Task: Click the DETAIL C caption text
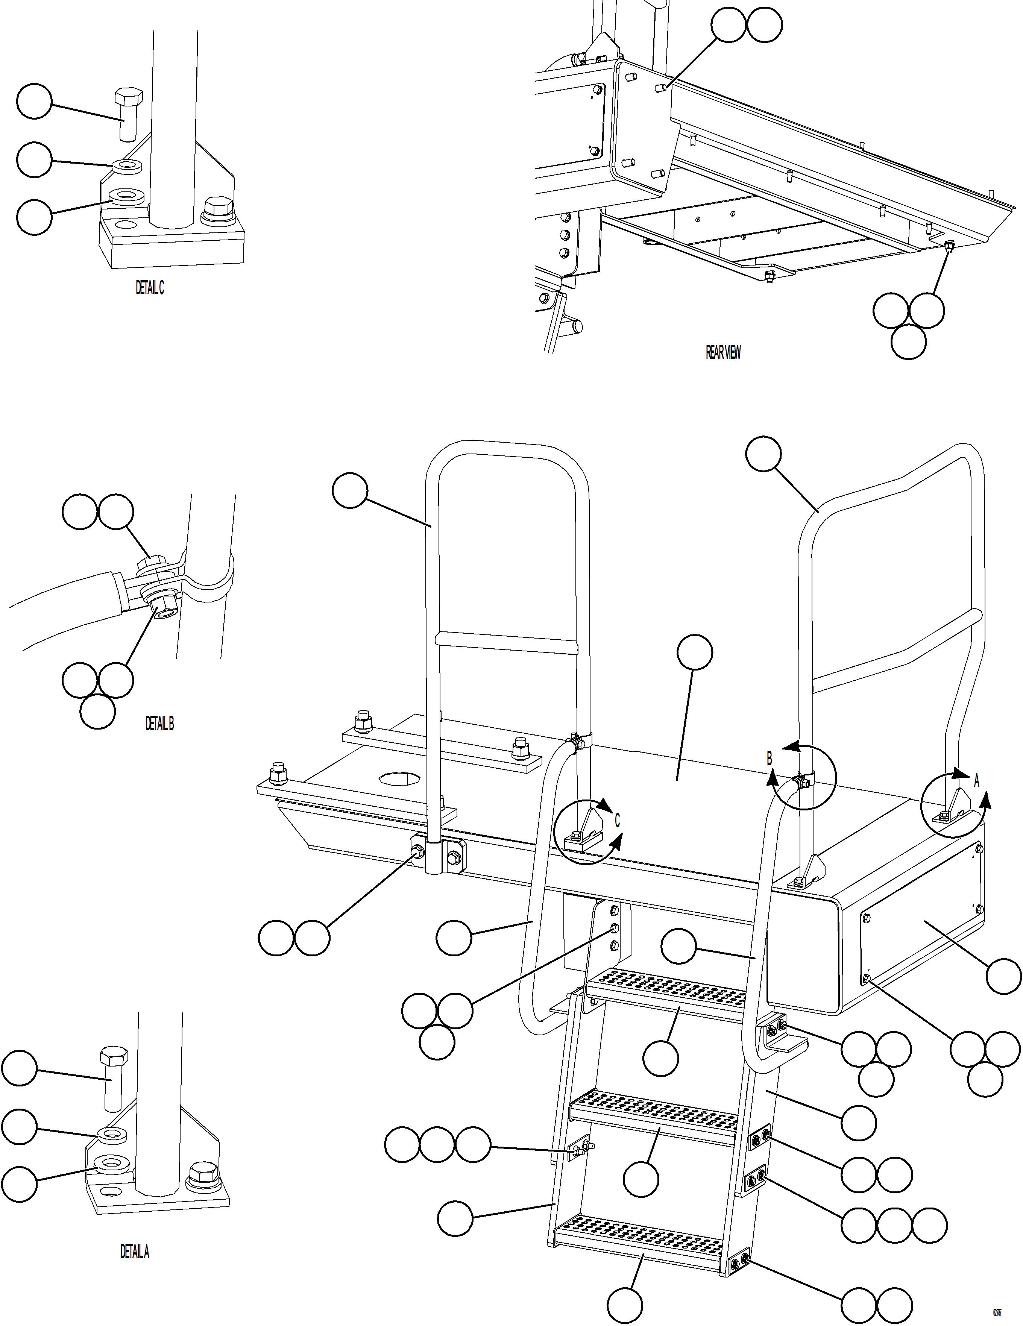click(149, 288)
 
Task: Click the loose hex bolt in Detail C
click(128, 114)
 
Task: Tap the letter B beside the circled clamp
click(769, 759)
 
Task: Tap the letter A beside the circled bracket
click(976, 781)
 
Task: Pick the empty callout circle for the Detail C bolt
click(34, 102)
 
